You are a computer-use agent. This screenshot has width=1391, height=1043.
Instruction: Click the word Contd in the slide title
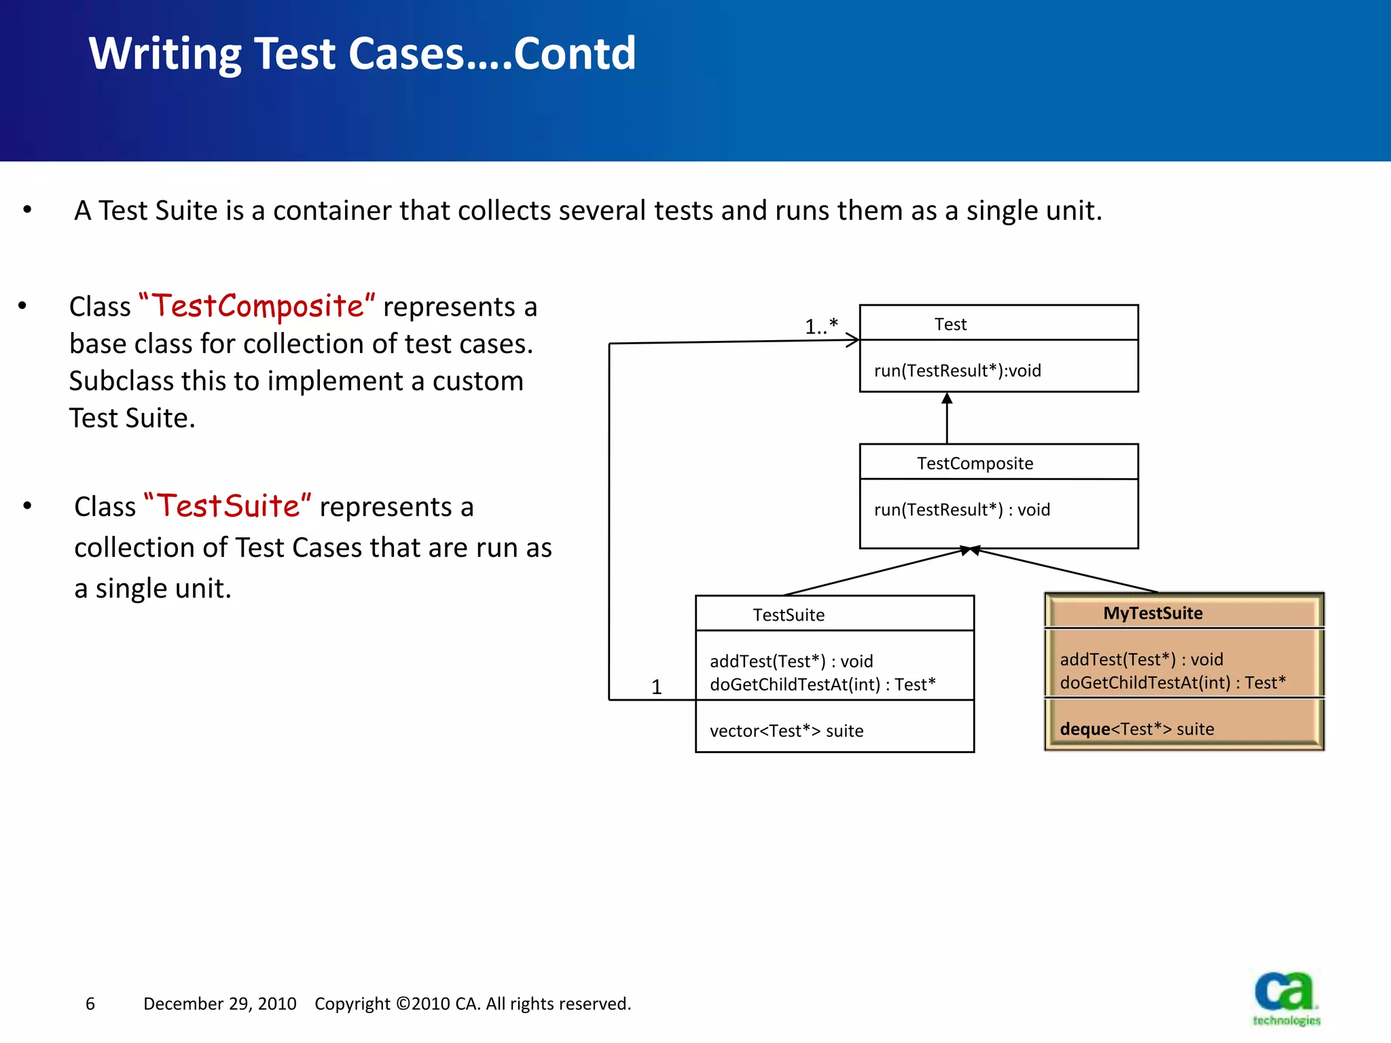click(575, 54)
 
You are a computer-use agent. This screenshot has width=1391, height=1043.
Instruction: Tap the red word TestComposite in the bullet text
click(257, 306)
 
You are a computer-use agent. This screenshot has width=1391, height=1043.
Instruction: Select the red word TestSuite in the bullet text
click(228, 507)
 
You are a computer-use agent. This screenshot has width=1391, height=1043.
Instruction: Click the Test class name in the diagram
click(950, 325)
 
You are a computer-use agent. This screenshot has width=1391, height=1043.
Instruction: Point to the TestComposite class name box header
click(975, 463)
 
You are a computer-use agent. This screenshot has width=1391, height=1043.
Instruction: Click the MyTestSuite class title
click(1153, 613)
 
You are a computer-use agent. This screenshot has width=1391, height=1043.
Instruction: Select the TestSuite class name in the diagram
click(788, 615)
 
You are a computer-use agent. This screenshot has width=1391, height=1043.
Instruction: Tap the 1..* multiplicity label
click(821, 327)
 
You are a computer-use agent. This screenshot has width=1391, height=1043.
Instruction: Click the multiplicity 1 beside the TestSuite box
click(656, 687)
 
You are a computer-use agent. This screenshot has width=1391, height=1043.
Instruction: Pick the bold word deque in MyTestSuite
click(1085, 729)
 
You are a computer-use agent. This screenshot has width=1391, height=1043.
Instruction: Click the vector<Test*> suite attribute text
click(787, 731)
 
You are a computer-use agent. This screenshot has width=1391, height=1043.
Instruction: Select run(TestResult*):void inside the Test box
click(957, 371)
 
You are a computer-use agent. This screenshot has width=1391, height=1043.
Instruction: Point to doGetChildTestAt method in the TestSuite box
click(822, 684)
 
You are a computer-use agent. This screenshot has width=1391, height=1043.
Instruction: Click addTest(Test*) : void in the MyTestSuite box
click(1141, 659)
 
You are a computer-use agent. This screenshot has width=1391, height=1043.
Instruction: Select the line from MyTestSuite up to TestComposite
click(1066, 570)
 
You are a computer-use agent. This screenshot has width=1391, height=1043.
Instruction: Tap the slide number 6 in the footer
click(90, 1004)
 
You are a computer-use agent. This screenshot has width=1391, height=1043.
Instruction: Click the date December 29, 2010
click(219, 1004)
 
